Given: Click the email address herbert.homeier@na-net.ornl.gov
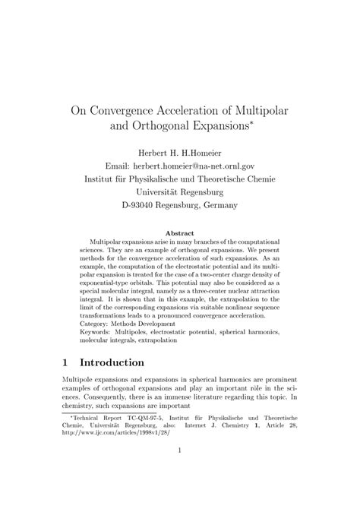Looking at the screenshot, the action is (x=202, y=165).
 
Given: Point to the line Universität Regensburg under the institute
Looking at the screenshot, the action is (x=180, y=191).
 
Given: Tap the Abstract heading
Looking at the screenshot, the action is (x=180, y=232).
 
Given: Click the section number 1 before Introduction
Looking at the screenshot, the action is (x=65, y=362).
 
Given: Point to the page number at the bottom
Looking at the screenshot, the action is (x=180, y=472).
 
